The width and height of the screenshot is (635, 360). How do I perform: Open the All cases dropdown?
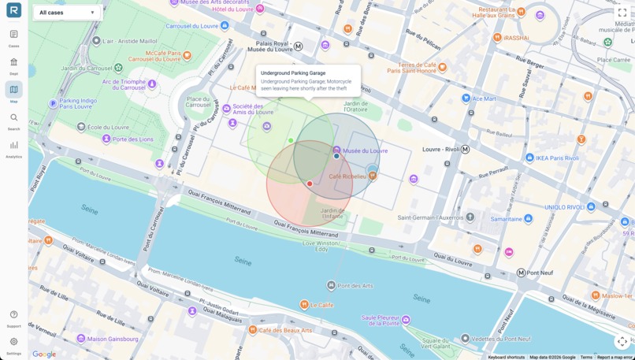pos(67,13)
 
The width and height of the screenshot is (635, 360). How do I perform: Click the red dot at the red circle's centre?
pos(310,184)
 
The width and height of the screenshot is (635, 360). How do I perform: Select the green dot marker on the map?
pos(291,141)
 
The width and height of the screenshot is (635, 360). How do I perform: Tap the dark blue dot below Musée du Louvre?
pos(336,156)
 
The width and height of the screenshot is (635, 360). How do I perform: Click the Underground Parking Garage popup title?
pos(293,73)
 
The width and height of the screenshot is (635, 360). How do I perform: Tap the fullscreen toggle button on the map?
pos(622,13)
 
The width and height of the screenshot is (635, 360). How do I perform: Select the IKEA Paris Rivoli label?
pos(559,158)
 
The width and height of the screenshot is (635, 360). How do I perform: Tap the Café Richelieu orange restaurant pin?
pos(373,176)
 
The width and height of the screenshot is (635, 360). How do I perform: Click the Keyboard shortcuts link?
pos(506,357)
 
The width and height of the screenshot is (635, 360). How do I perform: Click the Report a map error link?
pos(615,357)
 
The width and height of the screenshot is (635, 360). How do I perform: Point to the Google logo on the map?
pos(44,354)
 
